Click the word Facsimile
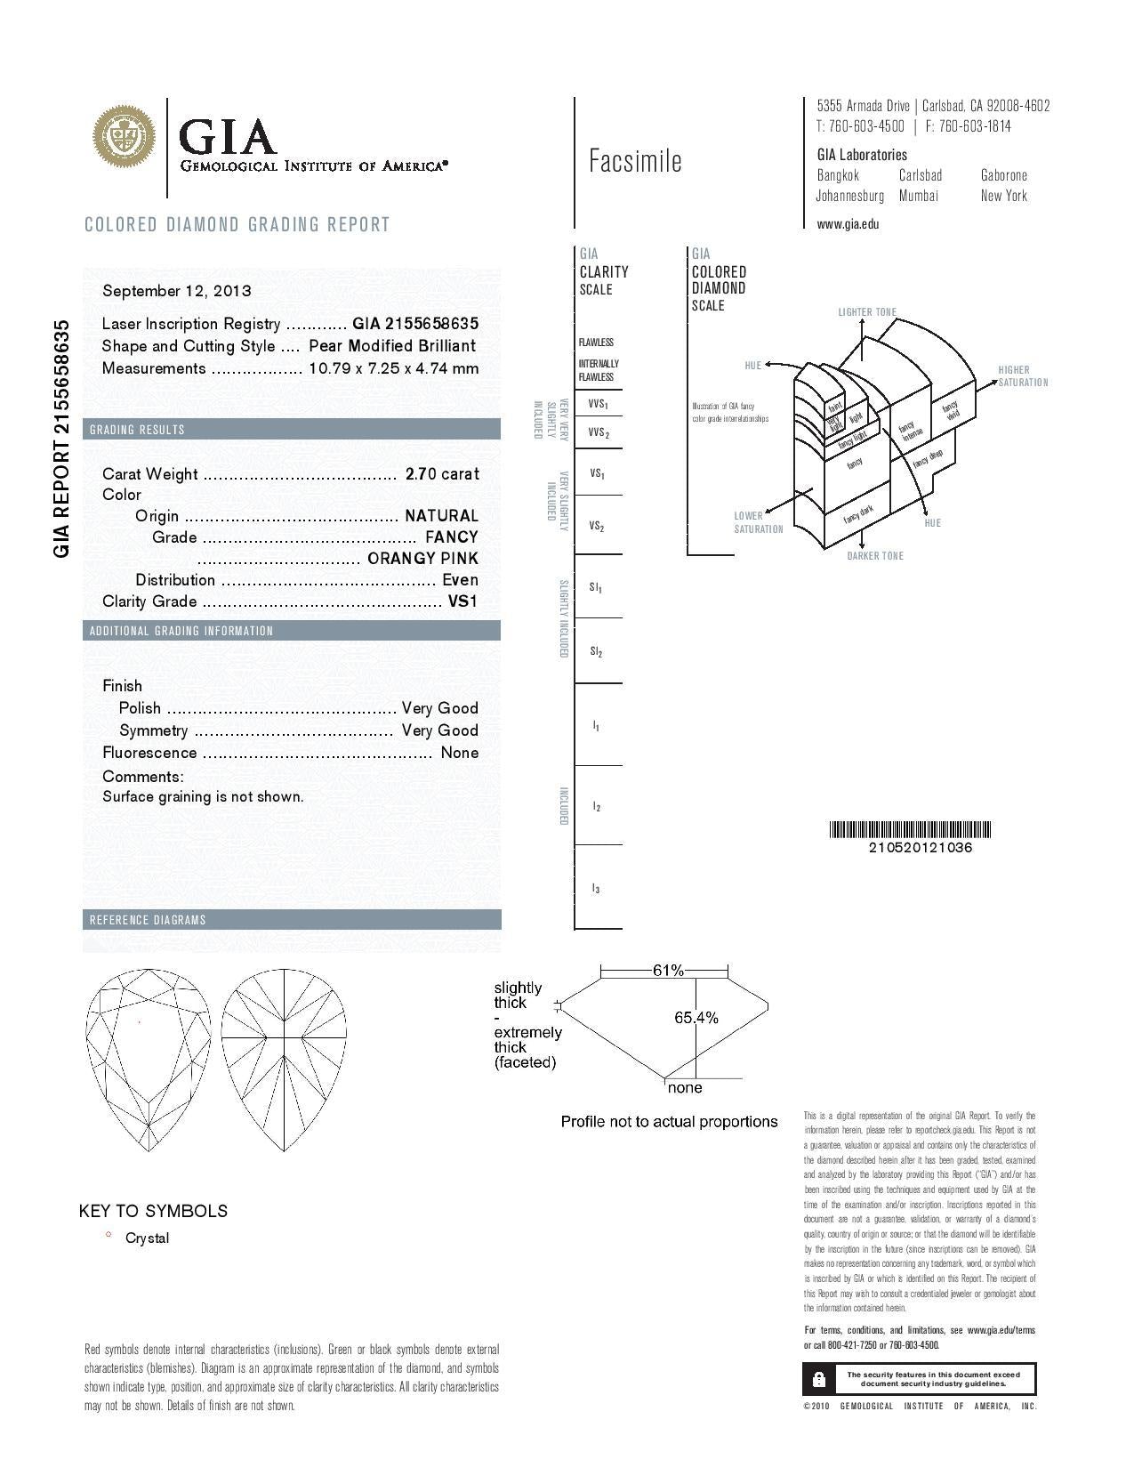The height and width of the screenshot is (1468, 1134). click(635, 161)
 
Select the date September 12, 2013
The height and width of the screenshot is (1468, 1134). click(176, 291)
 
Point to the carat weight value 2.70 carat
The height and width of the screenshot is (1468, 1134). click(442, 474)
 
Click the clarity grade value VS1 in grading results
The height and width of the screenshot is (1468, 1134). click(462, 601)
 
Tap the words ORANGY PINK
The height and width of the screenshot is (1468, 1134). click(422, 559)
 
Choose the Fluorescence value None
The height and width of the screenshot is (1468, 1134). click(460, 753)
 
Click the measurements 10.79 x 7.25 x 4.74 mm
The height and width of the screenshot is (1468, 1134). click(393, 368)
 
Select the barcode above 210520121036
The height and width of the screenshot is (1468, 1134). click(910, 830)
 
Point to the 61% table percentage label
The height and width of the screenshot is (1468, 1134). click(668, 971)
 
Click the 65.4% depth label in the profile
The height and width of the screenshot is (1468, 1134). click(696, 1018)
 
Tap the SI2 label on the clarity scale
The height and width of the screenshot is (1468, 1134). click(596, 652)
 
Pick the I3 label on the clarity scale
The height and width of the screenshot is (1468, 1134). click(596, 889)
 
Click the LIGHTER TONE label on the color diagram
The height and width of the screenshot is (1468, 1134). click(867, 312)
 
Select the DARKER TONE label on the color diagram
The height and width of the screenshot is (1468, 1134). click(875, 556)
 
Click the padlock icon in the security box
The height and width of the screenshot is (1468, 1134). click(819, 1379)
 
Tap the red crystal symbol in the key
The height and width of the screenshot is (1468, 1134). click(109, 1235)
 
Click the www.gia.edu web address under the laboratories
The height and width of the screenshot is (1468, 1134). click(848, 224)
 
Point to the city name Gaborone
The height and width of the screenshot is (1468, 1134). click(1004, 175)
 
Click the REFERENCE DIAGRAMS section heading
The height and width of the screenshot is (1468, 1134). click(148, 920)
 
